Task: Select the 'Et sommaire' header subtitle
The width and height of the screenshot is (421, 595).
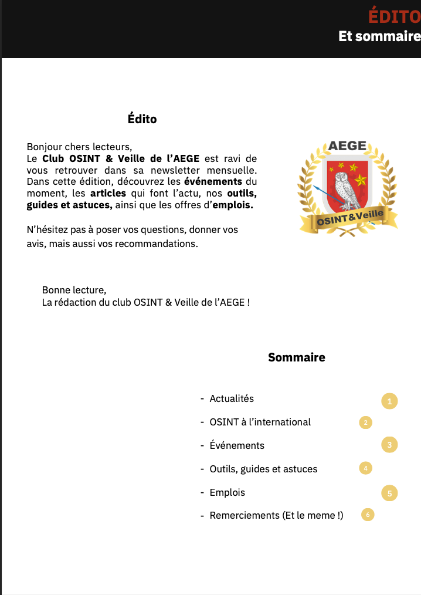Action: [379, 36]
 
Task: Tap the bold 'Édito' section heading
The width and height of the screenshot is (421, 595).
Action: [142, 119]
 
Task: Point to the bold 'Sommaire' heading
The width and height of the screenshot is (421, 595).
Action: [297, 357]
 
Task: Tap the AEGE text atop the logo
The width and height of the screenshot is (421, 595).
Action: [347, 146]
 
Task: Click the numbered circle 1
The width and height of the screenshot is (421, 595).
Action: [389, 401]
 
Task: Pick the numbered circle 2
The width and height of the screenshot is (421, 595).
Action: [365, 422]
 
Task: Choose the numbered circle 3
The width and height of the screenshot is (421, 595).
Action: [389, 445]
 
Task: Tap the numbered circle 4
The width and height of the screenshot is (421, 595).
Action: [365, 468]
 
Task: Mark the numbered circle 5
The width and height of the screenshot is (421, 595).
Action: [389, 493]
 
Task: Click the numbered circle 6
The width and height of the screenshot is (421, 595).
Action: [368, 515]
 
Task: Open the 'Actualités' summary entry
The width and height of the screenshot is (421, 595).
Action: [232, 399]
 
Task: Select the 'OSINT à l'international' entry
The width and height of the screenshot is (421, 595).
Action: [260, 422]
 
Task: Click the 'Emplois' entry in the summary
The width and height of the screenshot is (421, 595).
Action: [227, 492]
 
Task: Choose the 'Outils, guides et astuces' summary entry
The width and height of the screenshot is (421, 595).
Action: [263, 469]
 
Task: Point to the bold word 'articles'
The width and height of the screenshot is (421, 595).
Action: [108, 193]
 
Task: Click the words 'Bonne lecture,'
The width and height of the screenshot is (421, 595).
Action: [74, 290]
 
